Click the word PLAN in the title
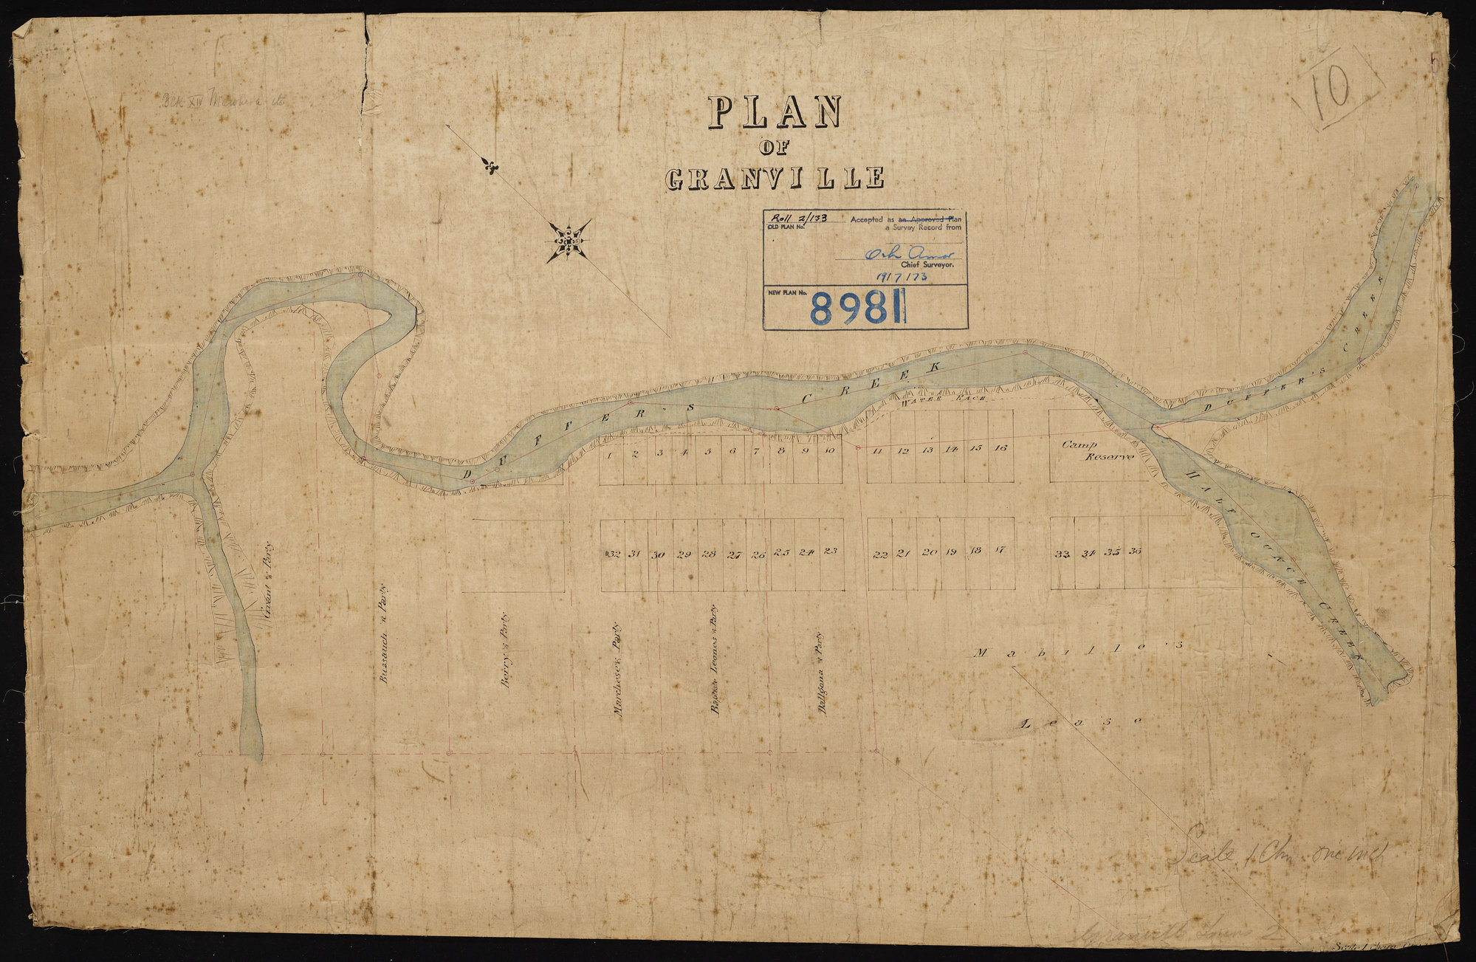point(775,113)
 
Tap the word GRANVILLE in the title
point(775,179)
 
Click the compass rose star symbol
point(568,241)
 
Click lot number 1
point(610,455)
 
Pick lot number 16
point(1000,448)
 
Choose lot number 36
point(1136,552)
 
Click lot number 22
point(879,555)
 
